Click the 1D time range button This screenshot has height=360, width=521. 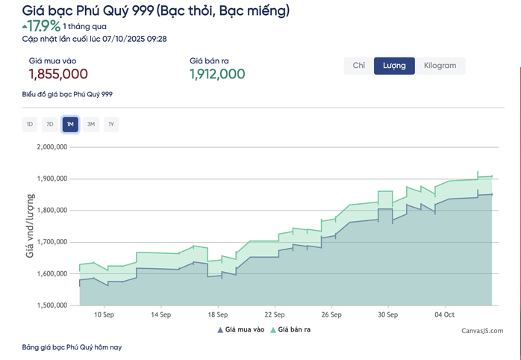point(30,124)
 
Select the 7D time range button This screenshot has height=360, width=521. point(50,124)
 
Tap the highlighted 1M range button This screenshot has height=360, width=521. point(70,124)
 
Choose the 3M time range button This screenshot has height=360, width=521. point(90,124)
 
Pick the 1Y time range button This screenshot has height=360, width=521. point(110,124)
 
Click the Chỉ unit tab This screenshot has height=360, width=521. point(358,66)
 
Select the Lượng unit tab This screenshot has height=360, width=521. point(394,66)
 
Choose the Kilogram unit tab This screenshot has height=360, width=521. point(440,66)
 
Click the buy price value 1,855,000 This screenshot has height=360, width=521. point(58,74)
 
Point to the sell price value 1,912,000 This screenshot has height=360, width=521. point(217,74)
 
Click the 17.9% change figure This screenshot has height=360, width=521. point(44,26)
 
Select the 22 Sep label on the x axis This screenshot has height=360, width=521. point(275,315)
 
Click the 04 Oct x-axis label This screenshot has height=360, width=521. point(445,315)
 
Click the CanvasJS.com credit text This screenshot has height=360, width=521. point(481,330)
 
